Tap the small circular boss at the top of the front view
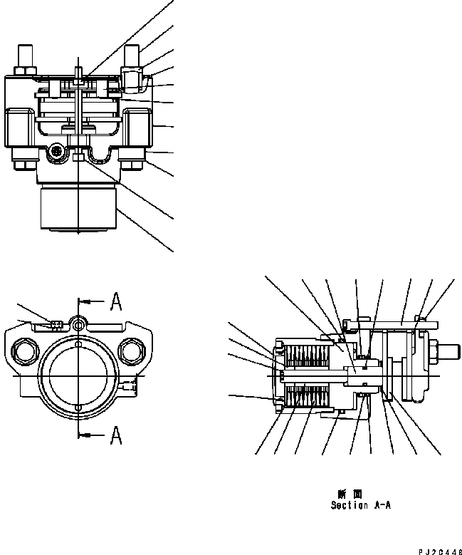tap(76, 325)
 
